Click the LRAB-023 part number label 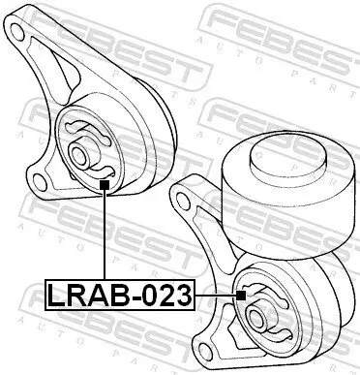[120, 294]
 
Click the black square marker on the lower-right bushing [242, 294]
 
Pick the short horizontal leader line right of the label [215, 294]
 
